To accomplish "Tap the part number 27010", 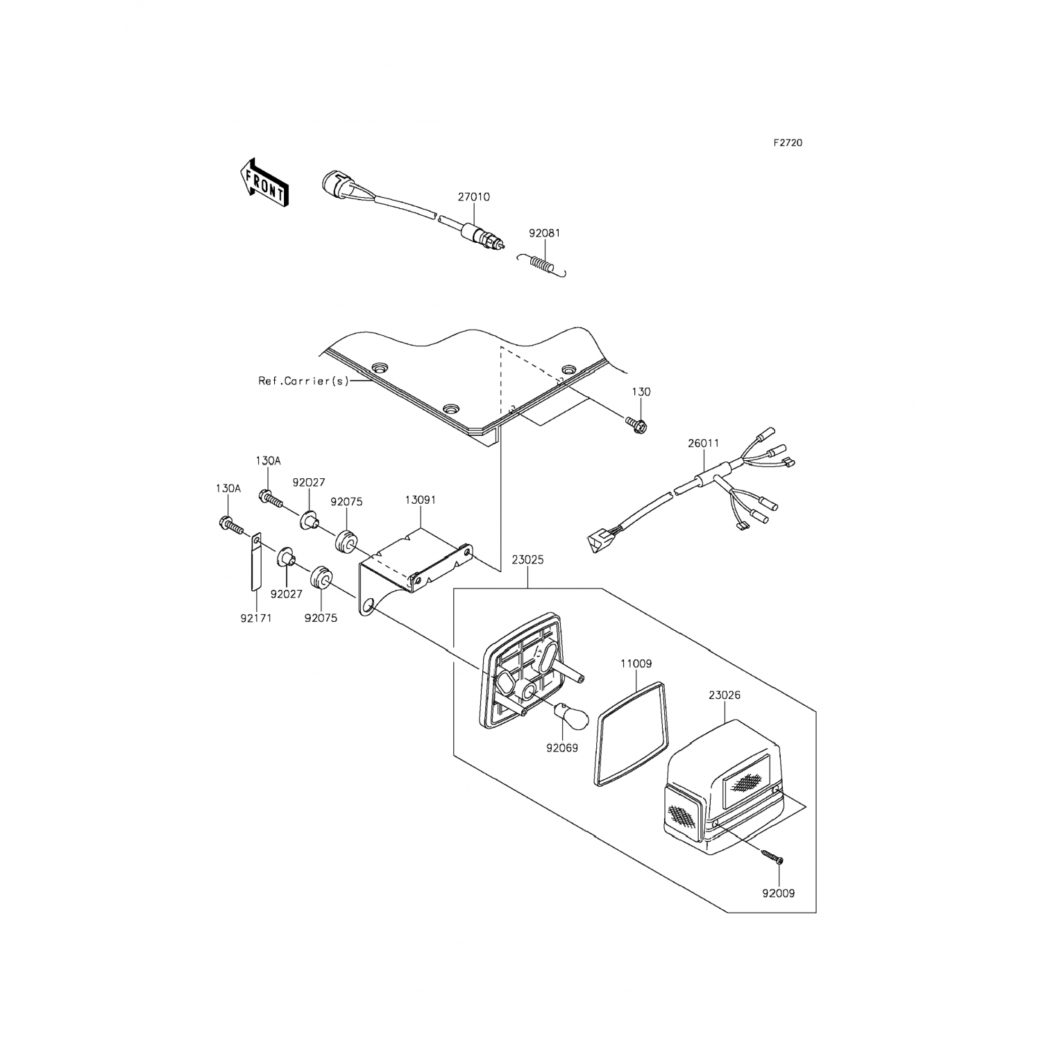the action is [x=473, y=197].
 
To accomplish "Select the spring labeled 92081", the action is [x=543, y=264].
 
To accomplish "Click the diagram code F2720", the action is [x=788, y=143].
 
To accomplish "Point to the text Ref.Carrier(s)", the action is [x=304, y=381].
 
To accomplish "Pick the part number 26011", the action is [x=704, y=443].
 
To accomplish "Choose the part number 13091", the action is [x=421, y=500].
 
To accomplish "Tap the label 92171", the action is [x=256, y=618].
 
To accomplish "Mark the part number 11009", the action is [x=636, y=663].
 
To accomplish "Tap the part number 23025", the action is [x=527, y=558].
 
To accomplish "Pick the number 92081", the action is [x=544, y=234].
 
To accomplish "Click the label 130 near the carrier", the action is [x=641, y=392].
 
